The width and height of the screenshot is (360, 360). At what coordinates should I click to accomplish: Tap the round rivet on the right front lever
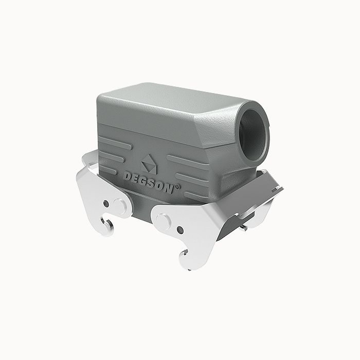(x=163, y=222)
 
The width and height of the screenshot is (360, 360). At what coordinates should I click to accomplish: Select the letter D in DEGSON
(x=127, y=175)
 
